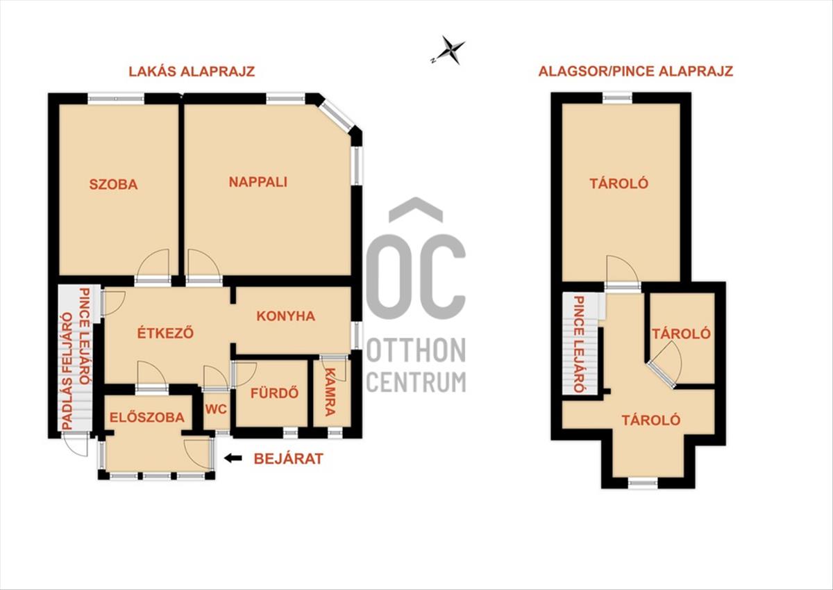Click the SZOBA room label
click(x=113, y=185)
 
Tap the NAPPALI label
click(x=258, y=182)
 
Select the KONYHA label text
click(x=285, y=316)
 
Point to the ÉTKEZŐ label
click(x=165, y=332)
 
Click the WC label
click(x=216, y=409)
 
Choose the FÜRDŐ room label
click(x=274, y=393)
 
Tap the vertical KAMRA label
click(x=330, y=392)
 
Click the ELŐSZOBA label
click(x=147, y=417)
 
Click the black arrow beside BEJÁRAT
click(x=233, y=459)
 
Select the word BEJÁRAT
click(x=289, y=459)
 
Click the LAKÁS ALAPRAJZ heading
click(x=192, y=72)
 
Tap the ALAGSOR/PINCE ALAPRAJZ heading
click(x=636, y=71)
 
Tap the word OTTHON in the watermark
click(x=416, y=350)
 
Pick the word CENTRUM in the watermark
click(x=416, y=382)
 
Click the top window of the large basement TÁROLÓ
click(x=617, y=98)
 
